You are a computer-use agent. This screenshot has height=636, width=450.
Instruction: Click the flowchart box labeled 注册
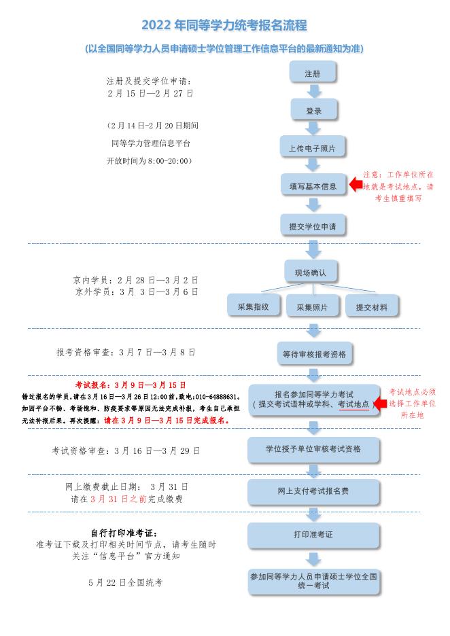(313, 73)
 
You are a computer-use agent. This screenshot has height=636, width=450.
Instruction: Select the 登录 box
(313, 110)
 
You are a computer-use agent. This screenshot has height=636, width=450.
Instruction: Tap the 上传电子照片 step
(313, 147)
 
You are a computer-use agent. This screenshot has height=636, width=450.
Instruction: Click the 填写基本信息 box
(313, 185)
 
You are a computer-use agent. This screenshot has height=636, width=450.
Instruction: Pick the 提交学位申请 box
(313, 224)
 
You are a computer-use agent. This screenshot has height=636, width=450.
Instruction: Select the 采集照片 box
(313, 307)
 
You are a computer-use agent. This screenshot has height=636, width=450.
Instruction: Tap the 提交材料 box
(371, 307)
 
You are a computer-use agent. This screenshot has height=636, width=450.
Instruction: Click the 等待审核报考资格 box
(313, 353)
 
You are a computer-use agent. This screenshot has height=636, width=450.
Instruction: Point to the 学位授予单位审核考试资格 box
(313, 448)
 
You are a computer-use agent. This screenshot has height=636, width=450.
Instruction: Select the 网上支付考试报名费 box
(313, 491)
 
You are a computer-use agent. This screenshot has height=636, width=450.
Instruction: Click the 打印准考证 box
(313, 534)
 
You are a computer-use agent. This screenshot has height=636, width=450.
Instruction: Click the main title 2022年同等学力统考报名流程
(224, 26)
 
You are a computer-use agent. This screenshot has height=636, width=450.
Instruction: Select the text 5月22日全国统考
(126, 582)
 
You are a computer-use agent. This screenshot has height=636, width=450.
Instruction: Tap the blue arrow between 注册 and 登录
(313, 91)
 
